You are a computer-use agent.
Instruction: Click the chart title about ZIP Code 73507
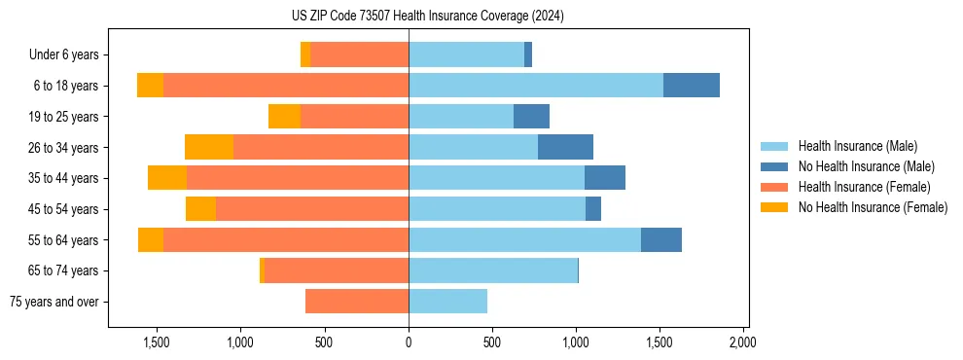point(428,17)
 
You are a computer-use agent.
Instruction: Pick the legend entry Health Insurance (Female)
point(857,187)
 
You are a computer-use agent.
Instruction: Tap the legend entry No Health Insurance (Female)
point(872,207)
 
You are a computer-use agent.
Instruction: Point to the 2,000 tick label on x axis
point(743,342)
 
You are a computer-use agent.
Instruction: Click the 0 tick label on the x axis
point(409,342)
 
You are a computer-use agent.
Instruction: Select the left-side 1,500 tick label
point(158,342)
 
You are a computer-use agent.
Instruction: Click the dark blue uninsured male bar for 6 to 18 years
point(691,86)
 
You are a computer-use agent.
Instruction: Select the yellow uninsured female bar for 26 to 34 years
point(209,147)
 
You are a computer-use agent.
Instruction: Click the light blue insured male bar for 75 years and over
point(447,302)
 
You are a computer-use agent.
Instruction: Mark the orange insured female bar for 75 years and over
point(357,302)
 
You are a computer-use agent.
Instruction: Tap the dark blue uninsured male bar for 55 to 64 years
point(661,239)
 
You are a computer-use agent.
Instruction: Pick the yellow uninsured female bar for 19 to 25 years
point(284,117)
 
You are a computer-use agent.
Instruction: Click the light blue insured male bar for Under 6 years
point(466,55)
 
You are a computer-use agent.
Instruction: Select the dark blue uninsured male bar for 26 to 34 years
point(565,147)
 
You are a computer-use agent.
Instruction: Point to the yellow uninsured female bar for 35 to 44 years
point(167,178)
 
